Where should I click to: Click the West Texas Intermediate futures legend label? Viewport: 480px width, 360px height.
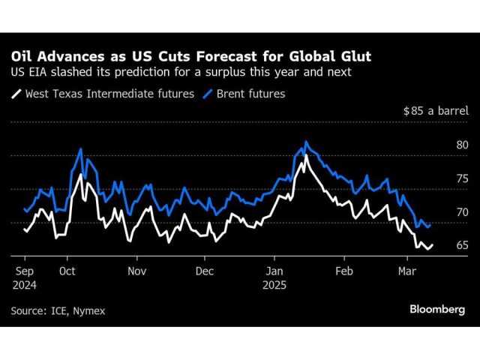109,94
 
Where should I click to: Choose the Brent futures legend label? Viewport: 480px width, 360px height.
250,94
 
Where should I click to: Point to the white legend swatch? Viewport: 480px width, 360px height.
16,94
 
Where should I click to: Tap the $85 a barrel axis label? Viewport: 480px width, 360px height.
436,111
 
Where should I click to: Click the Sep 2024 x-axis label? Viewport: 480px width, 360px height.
23,277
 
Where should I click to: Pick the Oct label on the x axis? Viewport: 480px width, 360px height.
67,270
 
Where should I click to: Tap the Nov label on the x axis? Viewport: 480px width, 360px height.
136,270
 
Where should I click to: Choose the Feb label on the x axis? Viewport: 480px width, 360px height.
343,270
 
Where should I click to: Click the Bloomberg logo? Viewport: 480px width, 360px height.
436,309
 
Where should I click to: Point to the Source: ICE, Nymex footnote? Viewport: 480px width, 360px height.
58,310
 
